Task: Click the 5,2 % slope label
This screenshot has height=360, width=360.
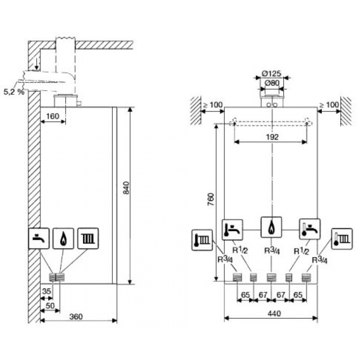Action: pyautogui.click(x=14, y=92)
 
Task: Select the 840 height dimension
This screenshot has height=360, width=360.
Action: pyautogui.click(x=126, y=188)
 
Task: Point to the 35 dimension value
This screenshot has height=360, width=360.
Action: pyautogui.click(x=46, y=291)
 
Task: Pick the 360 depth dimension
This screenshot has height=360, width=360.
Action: pyautogui.click(x=76, y=316)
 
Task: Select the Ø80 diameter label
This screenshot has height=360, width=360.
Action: pyautogui.click(x=271, y=84)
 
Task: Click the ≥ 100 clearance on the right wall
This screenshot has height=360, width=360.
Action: pyautogui.click(x=329, y=105)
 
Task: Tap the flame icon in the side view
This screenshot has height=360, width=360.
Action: pyautogui.click(x=63, y=238)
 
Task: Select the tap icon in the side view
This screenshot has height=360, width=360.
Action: pyautogui.click(x=39, y=238)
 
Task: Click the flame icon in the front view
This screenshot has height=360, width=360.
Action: pyautogui.click(x=271, y=227)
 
